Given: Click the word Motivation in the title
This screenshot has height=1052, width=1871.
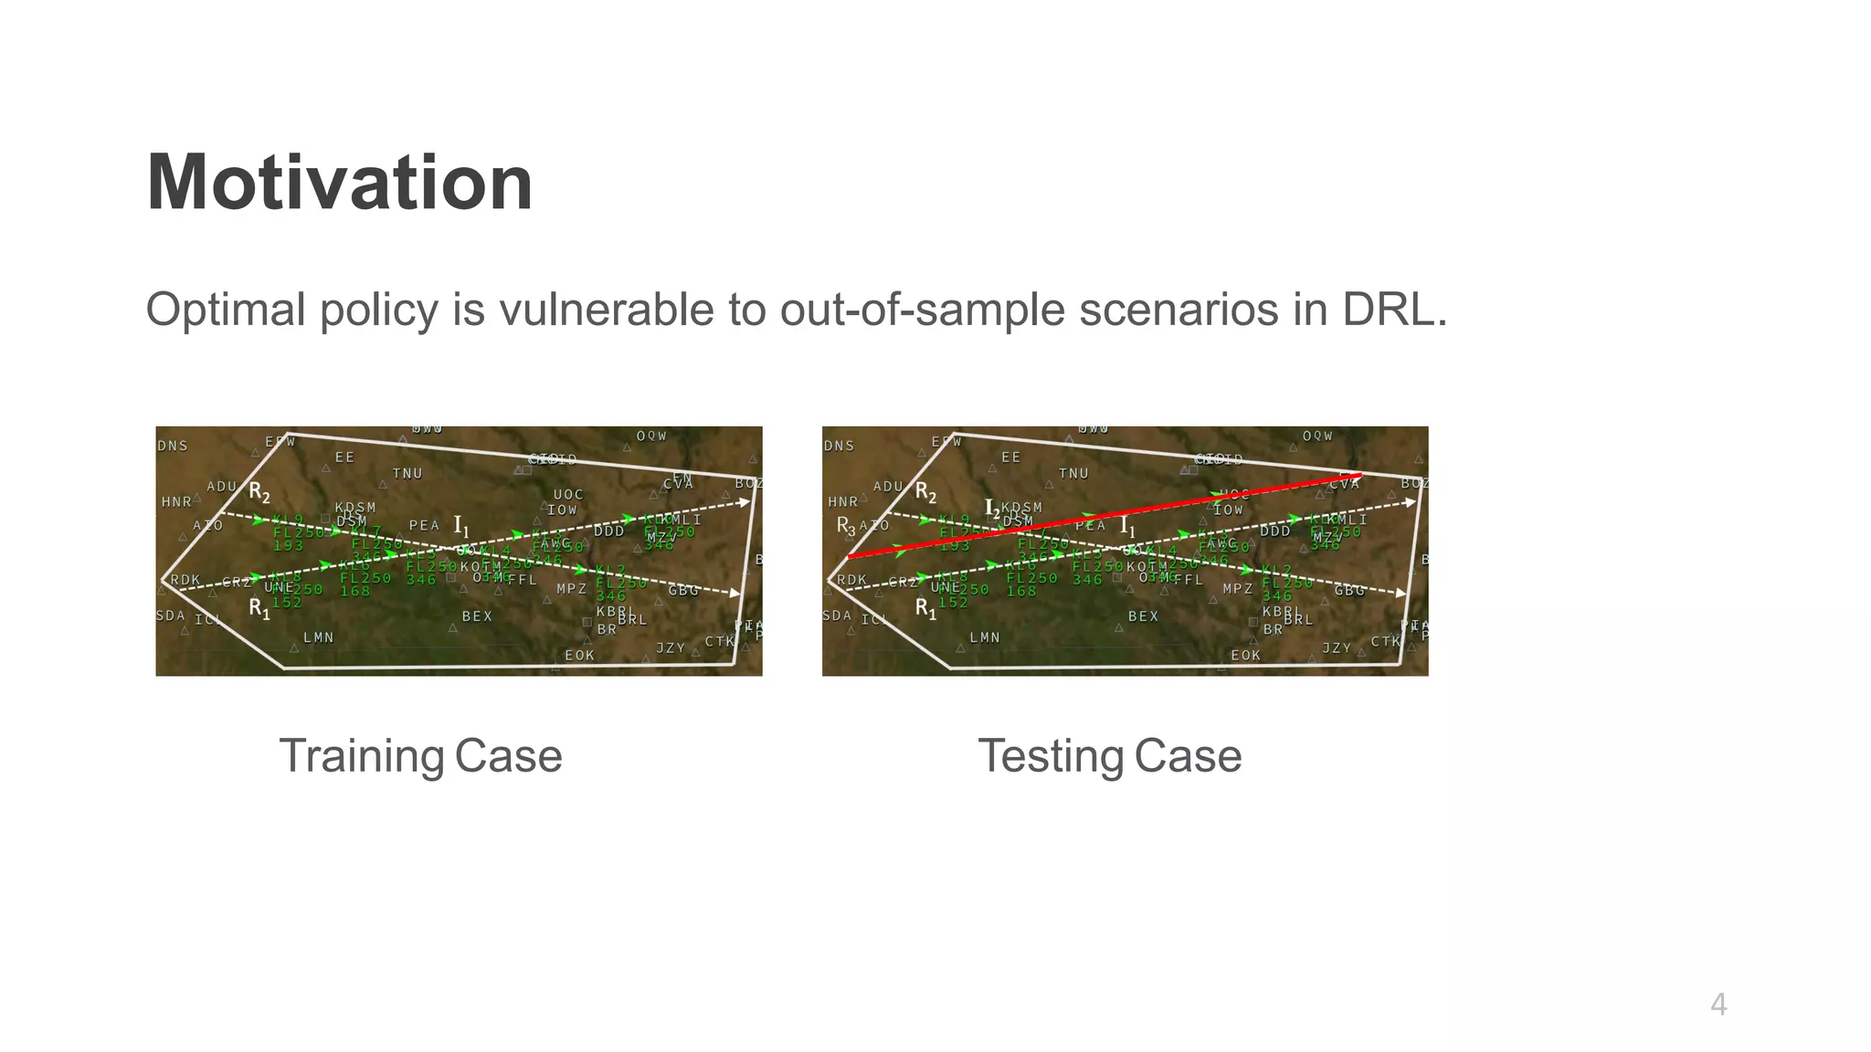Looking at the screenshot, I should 339,183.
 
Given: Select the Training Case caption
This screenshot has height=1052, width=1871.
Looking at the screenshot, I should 420,756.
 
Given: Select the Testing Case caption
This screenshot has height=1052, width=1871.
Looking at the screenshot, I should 1109,756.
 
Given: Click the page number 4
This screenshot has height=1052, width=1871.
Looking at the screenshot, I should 1718,1005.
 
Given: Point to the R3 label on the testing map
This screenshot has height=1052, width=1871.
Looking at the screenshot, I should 846,527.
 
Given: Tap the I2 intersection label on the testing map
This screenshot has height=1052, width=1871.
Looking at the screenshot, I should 991,508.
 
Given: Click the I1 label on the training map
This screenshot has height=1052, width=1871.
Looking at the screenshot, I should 461,527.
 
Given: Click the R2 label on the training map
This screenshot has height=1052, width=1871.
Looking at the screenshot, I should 259,493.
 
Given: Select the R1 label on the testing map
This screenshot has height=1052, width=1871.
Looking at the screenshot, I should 925,607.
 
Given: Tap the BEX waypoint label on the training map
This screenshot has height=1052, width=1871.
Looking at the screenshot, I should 477,616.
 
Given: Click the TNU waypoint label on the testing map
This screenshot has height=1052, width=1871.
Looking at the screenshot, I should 1073,473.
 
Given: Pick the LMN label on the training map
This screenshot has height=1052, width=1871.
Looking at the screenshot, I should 318,637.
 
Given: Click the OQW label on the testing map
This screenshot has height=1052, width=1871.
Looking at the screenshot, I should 1317,437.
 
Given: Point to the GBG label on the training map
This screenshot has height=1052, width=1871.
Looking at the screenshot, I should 683,591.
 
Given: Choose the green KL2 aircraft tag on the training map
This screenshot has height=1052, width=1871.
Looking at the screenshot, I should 610,571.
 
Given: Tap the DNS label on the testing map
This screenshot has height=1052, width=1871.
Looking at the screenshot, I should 839,446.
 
